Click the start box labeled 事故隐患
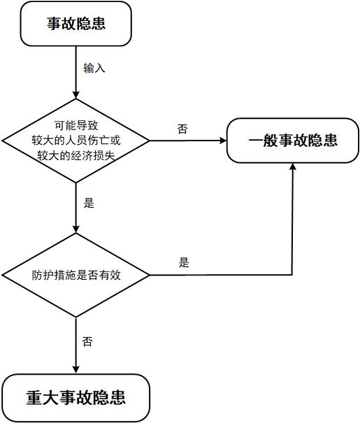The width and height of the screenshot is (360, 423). pyautogui.click(x=75, y=24)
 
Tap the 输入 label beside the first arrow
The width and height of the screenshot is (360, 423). pyautogui.click(x=94, y=68)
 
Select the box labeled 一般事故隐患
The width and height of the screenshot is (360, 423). pyautogui.click(x=293, y=141)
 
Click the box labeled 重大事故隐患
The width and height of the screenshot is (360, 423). pyautogui.click(x=75, y=398)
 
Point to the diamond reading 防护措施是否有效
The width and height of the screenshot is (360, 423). pyautogui.click(x=75, y=275)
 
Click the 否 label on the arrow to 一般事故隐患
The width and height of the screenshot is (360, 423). pyautogui.click(x=182, y=129)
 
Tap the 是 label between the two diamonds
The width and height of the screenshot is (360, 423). pyautogui.click(x=89, y=203)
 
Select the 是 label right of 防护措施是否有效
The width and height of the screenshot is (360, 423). pyautogui.click(x=184, y=262)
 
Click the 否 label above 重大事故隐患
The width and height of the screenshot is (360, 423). pyautogui.click(x=87, y=341)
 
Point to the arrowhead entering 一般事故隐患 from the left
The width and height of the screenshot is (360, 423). pyautogui.click(x=224, y=141)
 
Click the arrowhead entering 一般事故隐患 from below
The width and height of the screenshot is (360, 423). pyautogui.click(x=293, y=166)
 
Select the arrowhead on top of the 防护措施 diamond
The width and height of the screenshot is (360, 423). pyautogui.click(x=75, y=229)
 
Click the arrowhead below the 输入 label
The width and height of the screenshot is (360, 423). pyautogui.click(x=75, y=95)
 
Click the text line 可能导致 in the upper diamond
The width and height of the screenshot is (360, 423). pyautogui.click(x=76, y=125)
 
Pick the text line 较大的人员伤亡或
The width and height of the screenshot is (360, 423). pyautogui.click(x=76, y=141)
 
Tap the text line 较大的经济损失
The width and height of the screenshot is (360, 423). pyautogui.click(x=76, y=155)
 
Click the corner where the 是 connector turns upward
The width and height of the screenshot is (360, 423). pyautogui.click(x=292, y=275)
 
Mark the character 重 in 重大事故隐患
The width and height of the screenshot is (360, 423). pyautogui.click(x=34, y=398)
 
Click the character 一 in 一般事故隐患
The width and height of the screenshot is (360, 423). pyautogui.click(x=256, y=141)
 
